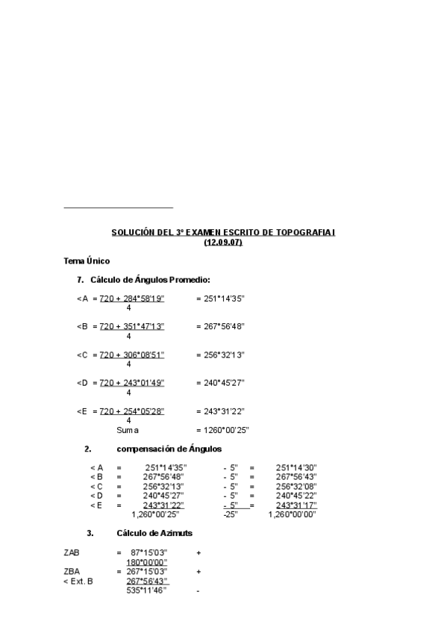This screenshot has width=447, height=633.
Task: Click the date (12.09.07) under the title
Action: click(x=223, y=243)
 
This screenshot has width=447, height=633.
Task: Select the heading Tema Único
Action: click(x=87, y=261)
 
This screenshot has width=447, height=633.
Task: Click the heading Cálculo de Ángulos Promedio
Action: click(x=150, y=280)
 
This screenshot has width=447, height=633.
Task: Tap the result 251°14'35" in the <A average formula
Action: click(x=220, y=299)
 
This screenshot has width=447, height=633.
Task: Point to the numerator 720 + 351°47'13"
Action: click(x=132, y=326)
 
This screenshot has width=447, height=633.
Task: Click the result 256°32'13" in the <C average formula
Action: click(x=220, y=355)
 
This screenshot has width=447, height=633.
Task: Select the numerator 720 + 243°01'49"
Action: click(x=132, y=382)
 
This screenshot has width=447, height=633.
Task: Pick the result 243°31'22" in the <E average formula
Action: click(x=220, y=411)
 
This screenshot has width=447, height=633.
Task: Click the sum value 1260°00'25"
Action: click(x=222, y=430)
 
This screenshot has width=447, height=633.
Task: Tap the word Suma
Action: click(x=128, y=430)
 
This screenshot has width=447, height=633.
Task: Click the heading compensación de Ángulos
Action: click(x=169, y=449)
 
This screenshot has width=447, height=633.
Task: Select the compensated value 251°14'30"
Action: click(x=296, y=467)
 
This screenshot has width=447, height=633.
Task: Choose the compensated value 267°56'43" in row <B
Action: click(x=296, y=476)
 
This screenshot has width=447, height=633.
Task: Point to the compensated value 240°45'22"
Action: click(x=296, y=495)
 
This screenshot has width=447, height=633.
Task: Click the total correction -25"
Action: click(x=230, y=514)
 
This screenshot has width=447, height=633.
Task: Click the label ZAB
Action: click(x=72, y=552)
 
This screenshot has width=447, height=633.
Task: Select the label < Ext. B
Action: click(x=78, y=581)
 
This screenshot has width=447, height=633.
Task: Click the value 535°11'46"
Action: click(x=146, y=590)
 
